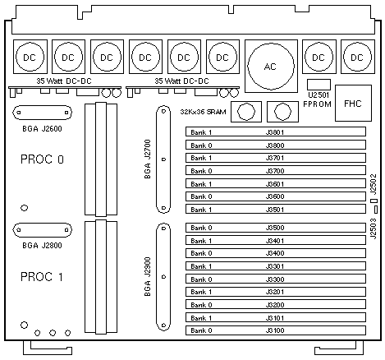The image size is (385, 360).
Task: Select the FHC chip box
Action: [x=353, y=103]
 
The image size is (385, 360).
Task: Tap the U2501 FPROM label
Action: [x=317, y=99]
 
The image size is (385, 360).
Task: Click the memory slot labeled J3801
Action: [x=276, y=132]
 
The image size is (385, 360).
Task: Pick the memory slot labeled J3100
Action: [x=276, y=330]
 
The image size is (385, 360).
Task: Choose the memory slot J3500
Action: [x=276, y=228]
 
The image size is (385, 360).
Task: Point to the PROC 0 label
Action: [x=42, y=159]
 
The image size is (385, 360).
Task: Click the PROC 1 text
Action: [x=42, y=277]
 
